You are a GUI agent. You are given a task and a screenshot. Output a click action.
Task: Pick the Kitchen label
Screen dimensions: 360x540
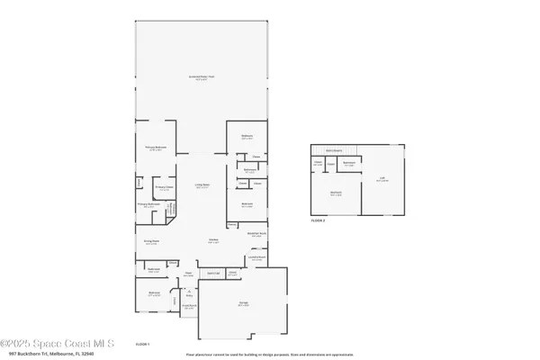pyautogui.click(x=214, y=240)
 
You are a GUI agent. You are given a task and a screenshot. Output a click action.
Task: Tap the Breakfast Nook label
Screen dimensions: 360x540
pyautogui.click(x=255, y=234)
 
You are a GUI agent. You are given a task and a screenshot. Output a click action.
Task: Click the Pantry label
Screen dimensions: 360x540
pyautogui.click(x=232, y=274)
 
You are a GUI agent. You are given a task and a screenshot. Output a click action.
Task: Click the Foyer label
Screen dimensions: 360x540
pyautogui.click(x=190, y=274)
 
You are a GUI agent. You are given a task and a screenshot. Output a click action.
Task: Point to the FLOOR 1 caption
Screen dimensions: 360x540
pyautogui.click(x=142, y=343)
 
